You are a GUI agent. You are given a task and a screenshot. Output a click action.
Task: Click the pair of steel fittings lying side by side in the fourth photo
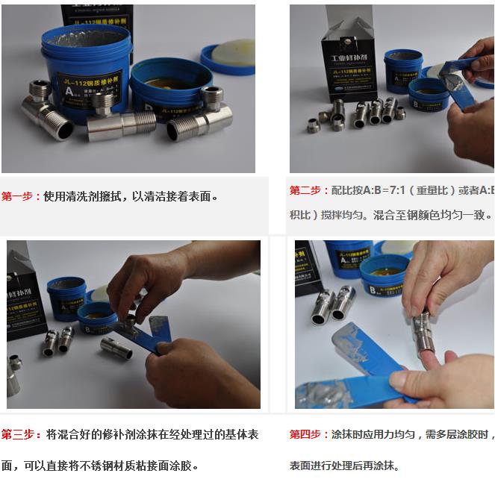[334, 306]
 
